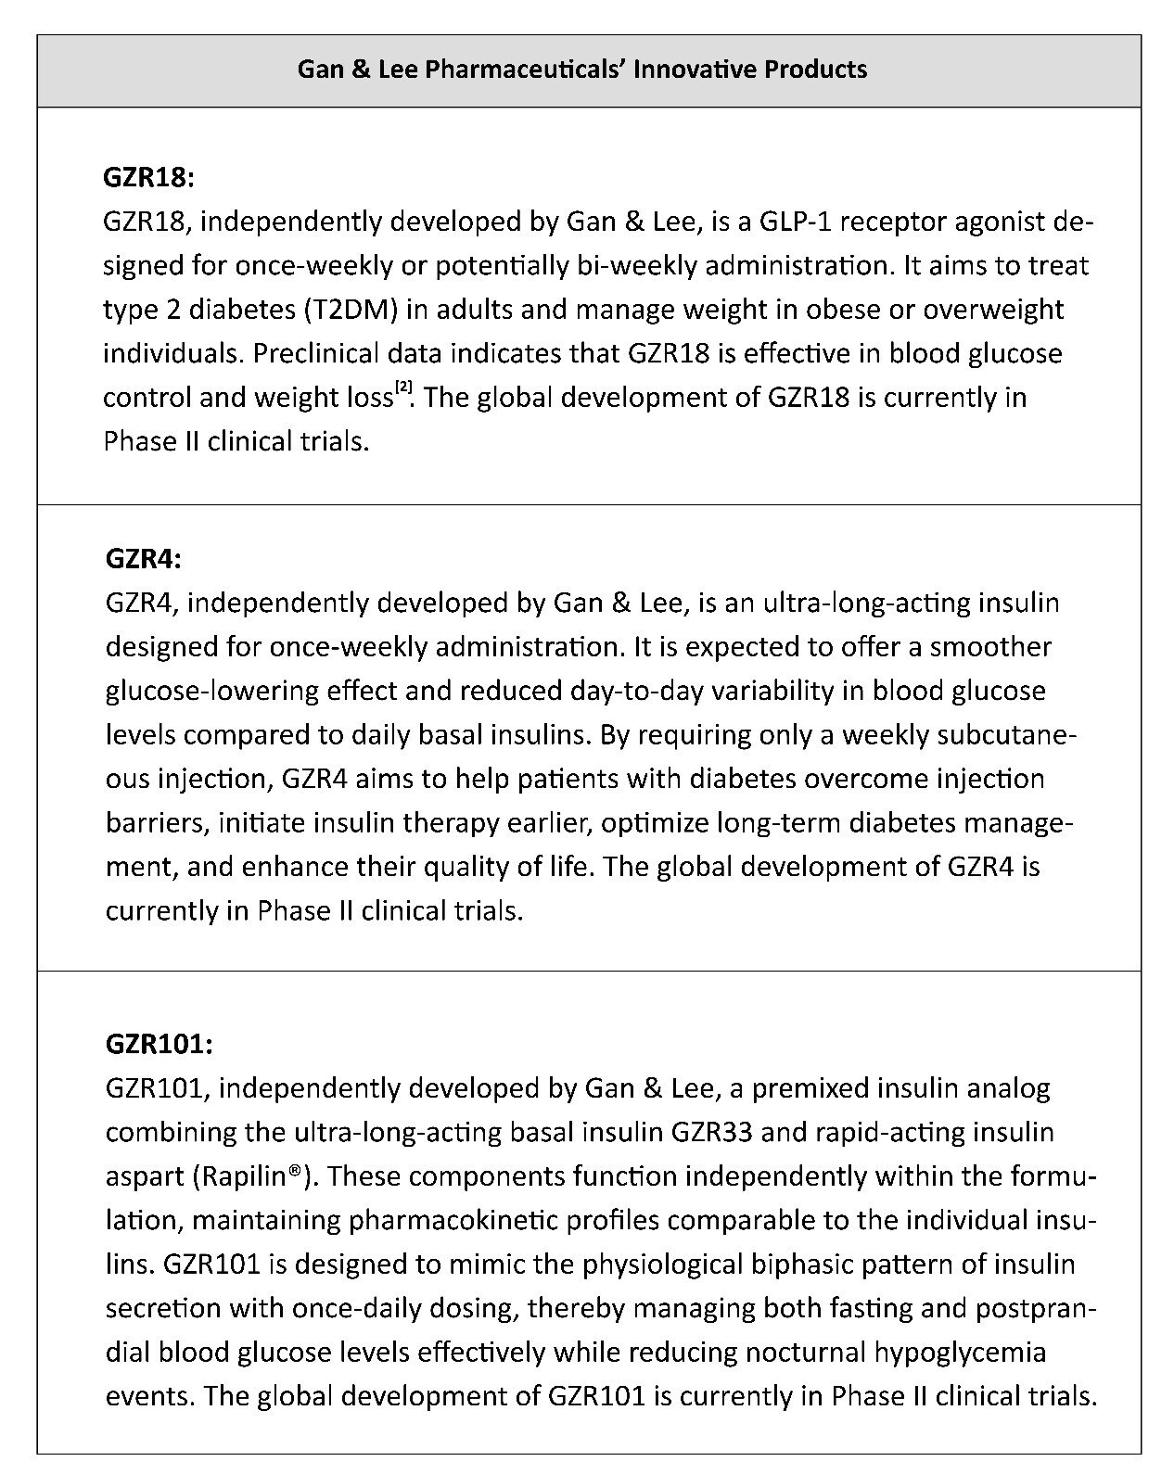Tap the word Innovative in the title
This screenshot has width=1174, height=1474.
695,70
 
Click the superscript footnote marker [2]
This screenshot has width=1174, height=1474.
404,388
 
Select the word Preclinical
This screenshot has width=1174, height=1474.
315,353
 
